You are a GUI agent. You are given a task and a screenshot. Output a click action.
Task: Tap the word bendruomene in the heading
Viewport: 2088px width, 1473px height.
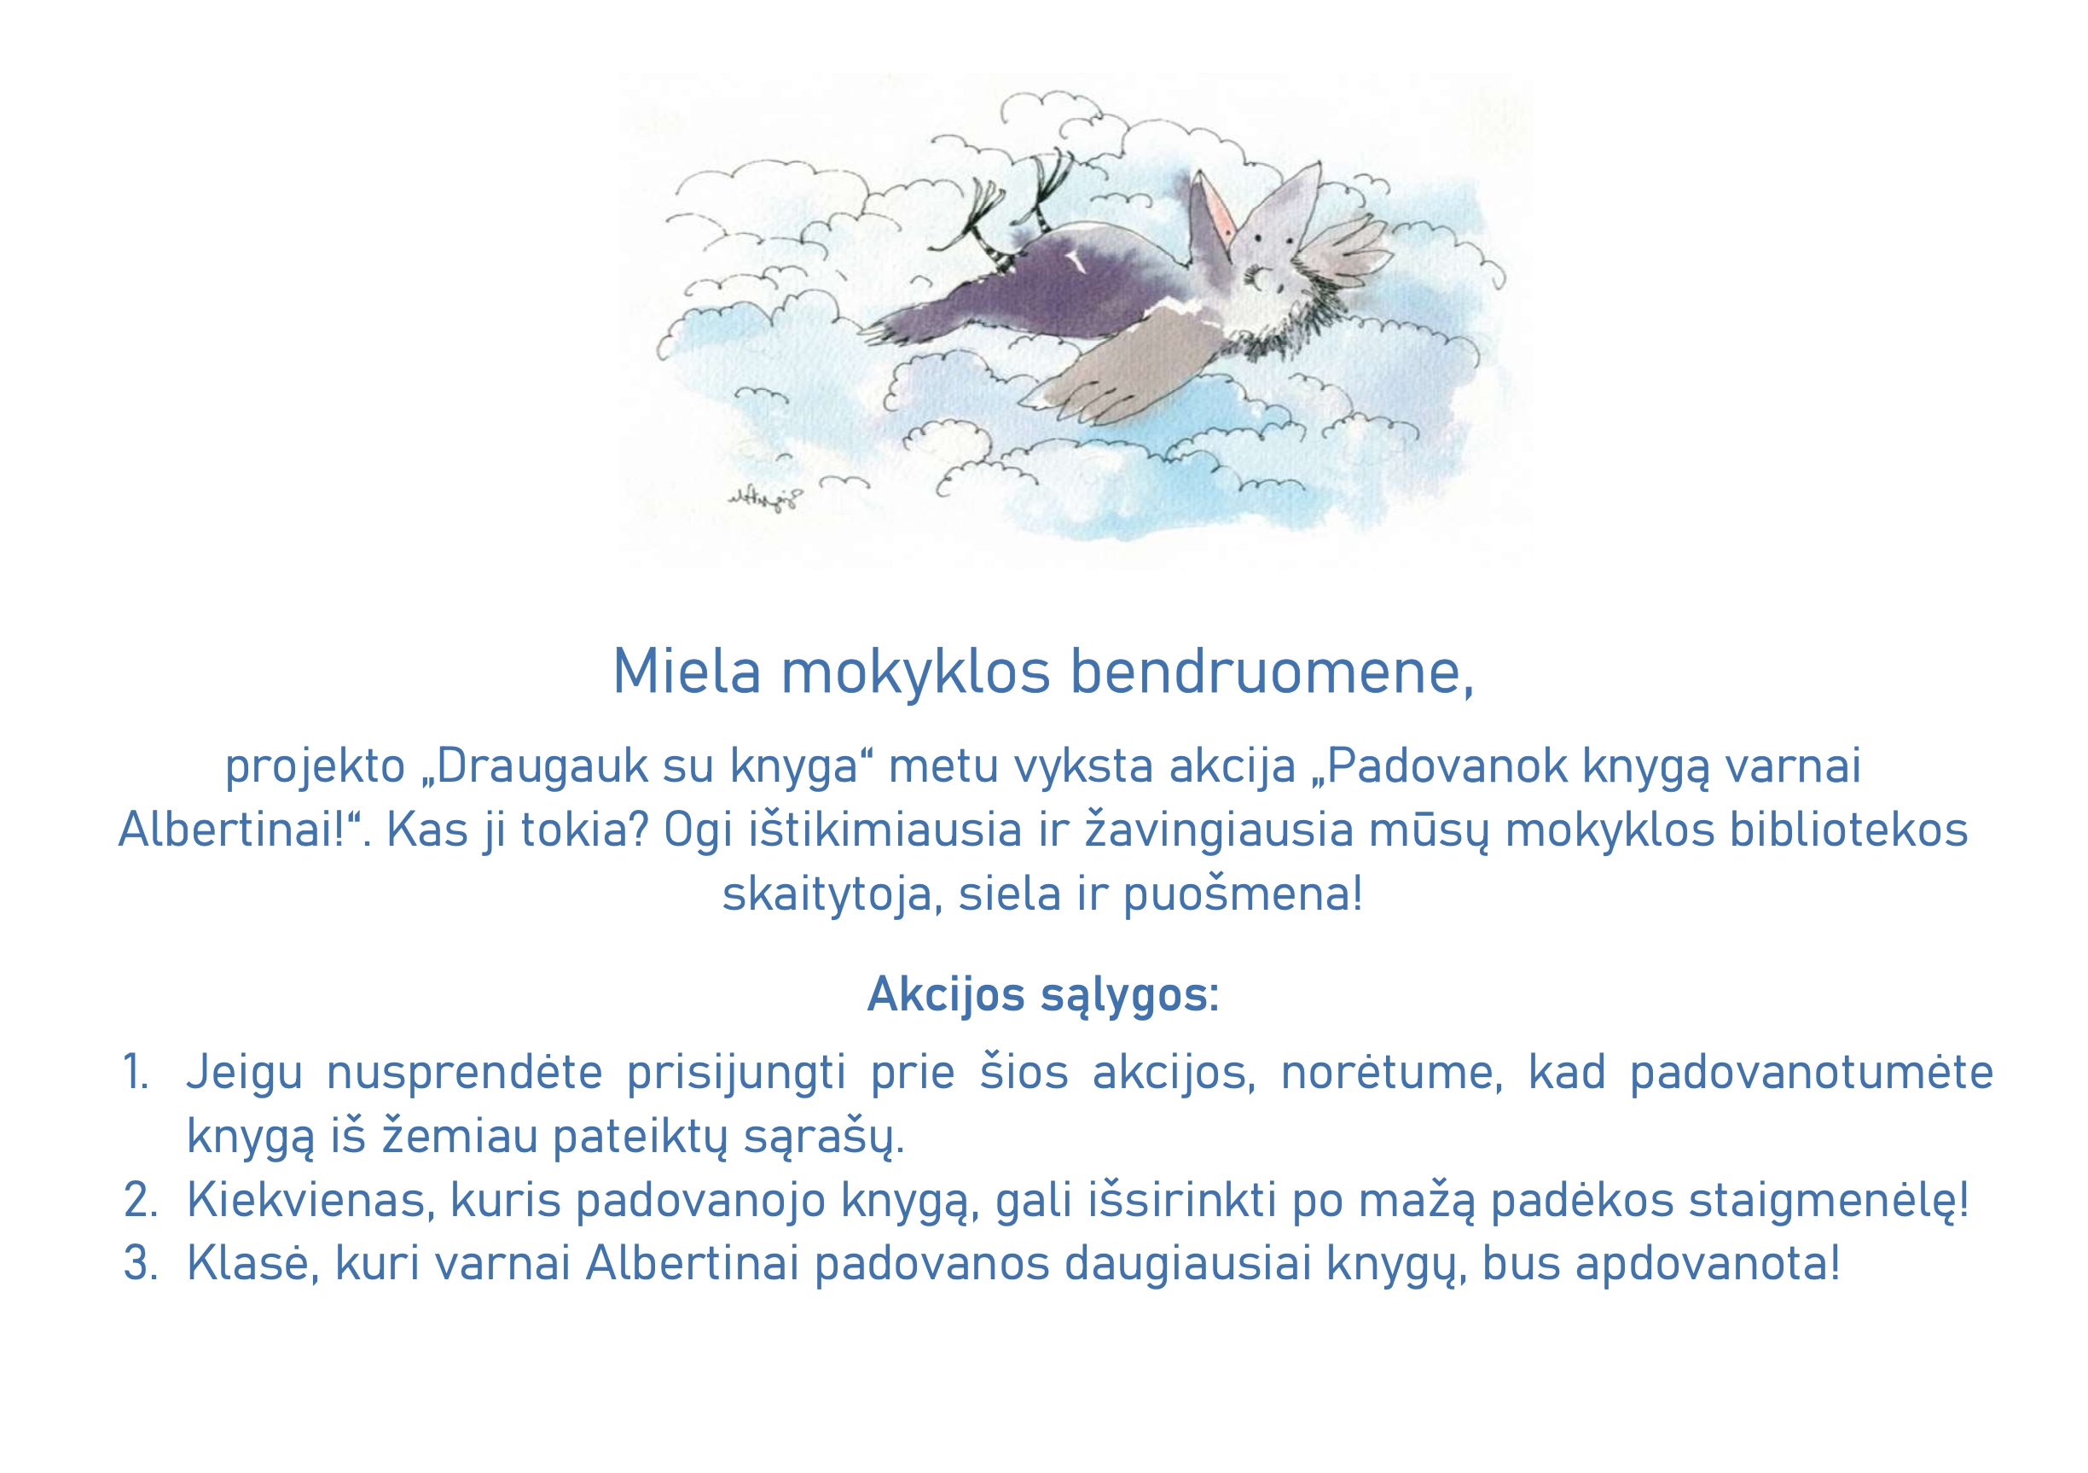coord(1272,673)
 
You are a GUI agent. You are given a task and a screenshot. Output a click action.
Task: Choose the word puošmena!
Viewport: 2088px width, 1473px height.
coord(1242,894)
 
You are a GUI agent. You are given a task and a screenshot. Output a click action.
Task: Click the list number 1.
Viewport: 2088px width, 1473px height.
coord(136,1072)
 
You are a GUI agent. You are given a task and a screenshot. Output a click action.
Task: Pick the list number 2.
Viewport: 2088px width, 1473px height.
coord(140,1199)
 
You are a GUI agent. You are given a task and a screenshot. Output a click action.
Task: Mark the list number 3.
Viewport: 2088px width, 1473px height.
coord(140,1263)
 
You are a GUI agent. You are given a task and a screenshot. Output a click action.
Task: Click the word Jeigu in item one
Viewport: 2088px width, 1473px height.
coord(244,1074)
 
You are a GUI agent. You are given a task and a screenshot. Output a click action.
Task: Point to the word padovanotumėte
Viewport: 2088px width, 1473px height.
coord(1812,1073)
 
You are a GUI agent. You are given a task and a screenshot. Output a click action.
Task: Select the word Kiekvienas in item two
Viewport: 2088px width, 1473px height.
coord(304,1199)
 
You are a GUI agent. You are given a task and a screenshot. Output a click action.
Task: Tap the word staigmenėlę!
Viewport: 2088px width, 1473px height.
coord(1829,1201)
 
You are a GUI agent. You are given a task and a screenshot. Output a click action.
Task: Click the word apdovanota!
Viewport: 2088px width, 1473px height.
coord(1708,1265)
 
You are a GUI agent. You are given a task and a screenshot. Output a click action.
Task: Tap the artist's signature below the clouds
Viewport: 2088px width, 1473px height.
coord(766,498)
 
